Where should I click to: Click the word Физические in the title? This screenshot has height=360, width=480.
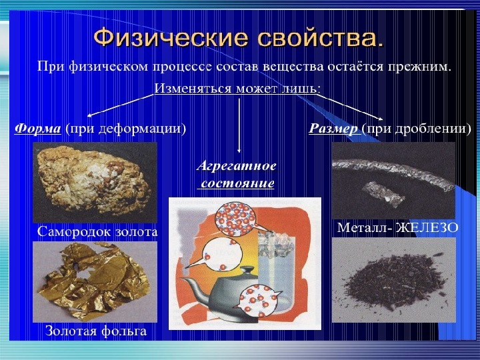coord(171,37)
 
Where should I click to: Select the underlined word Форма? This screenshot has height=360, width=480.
coord(37,129)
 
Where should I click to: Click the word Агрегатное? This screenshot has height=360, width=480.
coord(236,166)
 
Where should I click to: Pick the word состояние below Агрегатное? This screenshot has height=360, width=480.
coord(237,183)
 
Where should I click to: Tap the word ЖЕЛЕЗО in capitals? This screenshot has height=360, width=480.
coord(427,228)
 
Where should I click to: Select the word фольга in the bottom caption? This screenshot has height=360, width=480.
coord(124,331)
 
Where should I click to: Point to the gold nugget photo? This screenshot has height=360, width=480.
coord(95,182)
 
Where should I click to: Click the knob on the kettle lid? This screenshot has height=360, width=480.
coord(247,270)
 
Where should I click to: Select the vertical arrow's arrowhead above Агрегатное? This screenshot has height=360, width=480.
coord(239,150)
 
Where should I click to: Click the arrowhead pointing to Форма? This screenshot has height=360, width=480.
coord(89,115)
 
